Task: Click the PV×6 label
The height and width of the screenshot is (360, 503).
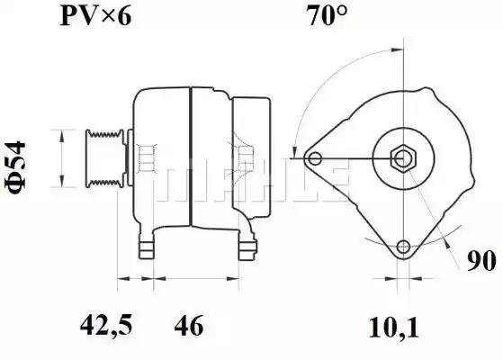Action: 95,15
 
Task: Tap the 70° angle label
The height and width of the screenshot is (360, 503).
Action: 327,15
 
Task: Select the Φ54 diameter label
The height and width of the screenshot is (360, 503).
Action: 15,167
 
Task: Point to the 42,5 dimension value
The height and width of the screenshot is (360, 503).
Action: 106,325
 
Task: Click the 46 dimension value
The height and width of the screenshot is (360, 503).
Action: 189,325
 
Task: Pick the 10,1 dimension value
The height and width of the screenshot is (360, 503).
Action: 394,328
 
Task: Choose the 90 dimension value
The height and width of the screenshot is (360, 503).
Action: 481,260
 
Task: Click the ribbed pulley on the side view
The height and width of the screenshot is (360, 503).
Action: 104,157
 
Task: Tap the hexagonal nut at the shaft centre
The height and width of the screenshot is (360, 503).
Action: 403,158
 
